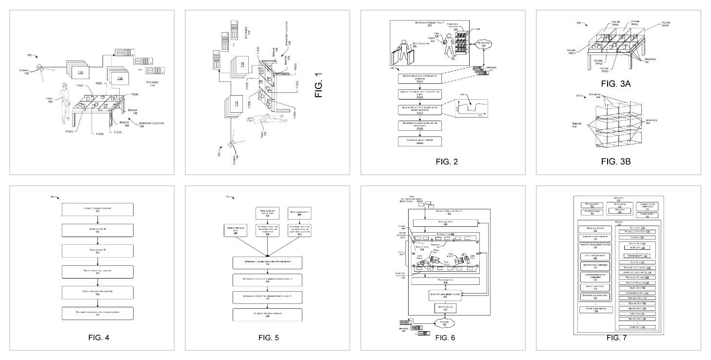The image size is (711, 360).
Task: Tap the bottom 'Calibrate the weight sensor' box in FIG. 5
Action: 267,315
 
